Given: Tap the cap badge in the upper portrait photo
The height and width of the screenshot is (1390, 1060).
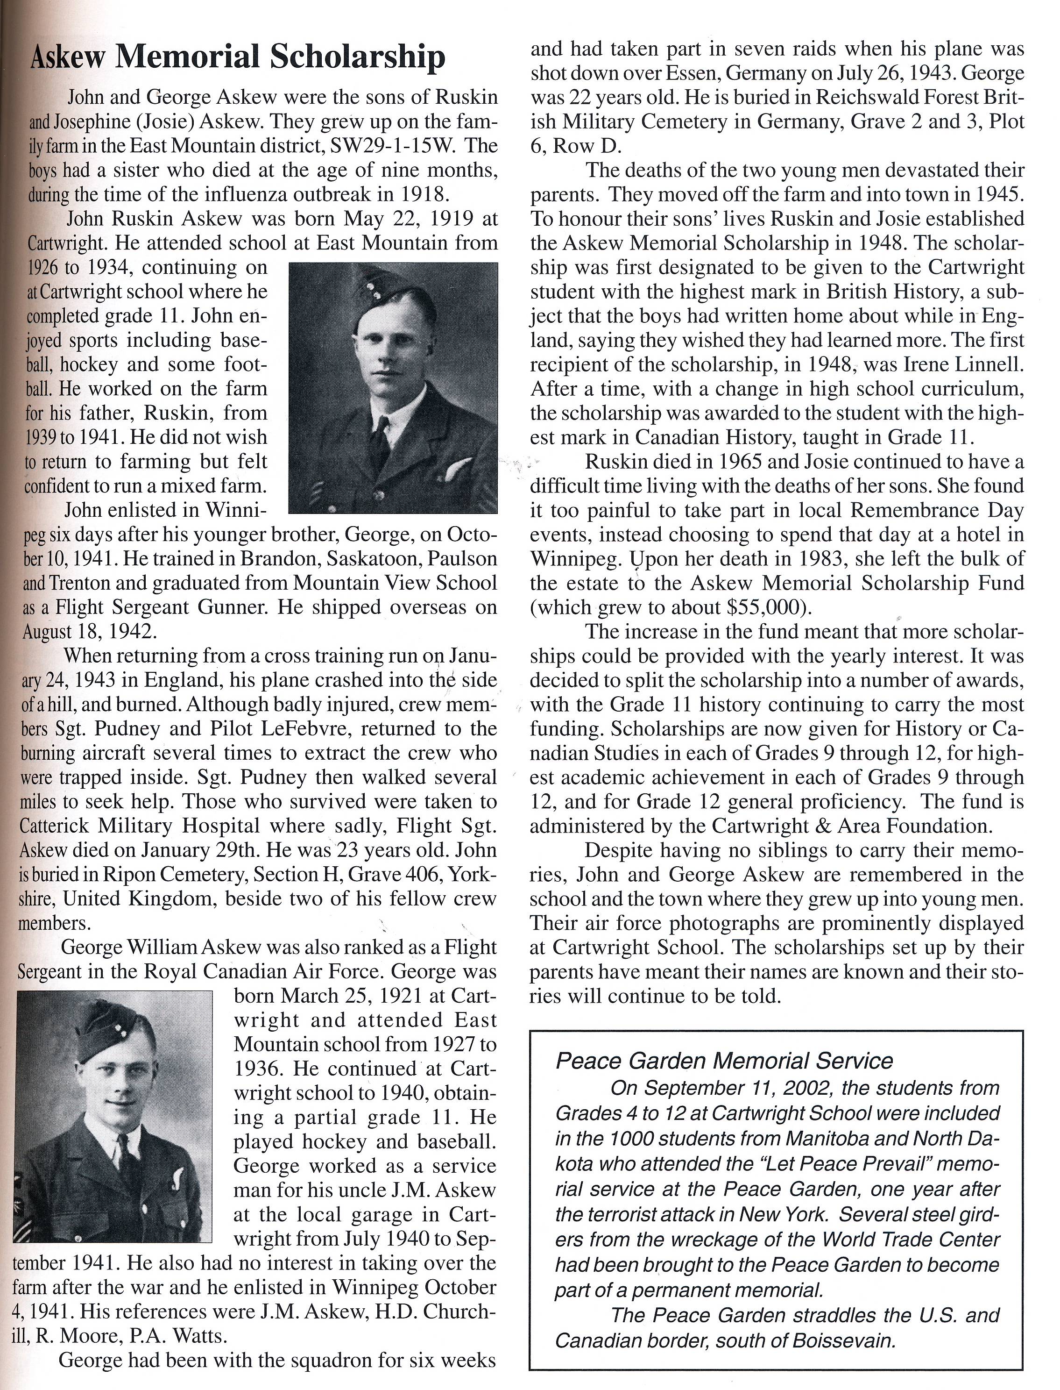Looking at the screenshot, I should pos(372,292).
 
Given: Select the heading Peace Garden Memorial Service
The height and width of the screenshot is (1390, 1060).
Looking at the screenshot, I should pos(724,1061).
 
